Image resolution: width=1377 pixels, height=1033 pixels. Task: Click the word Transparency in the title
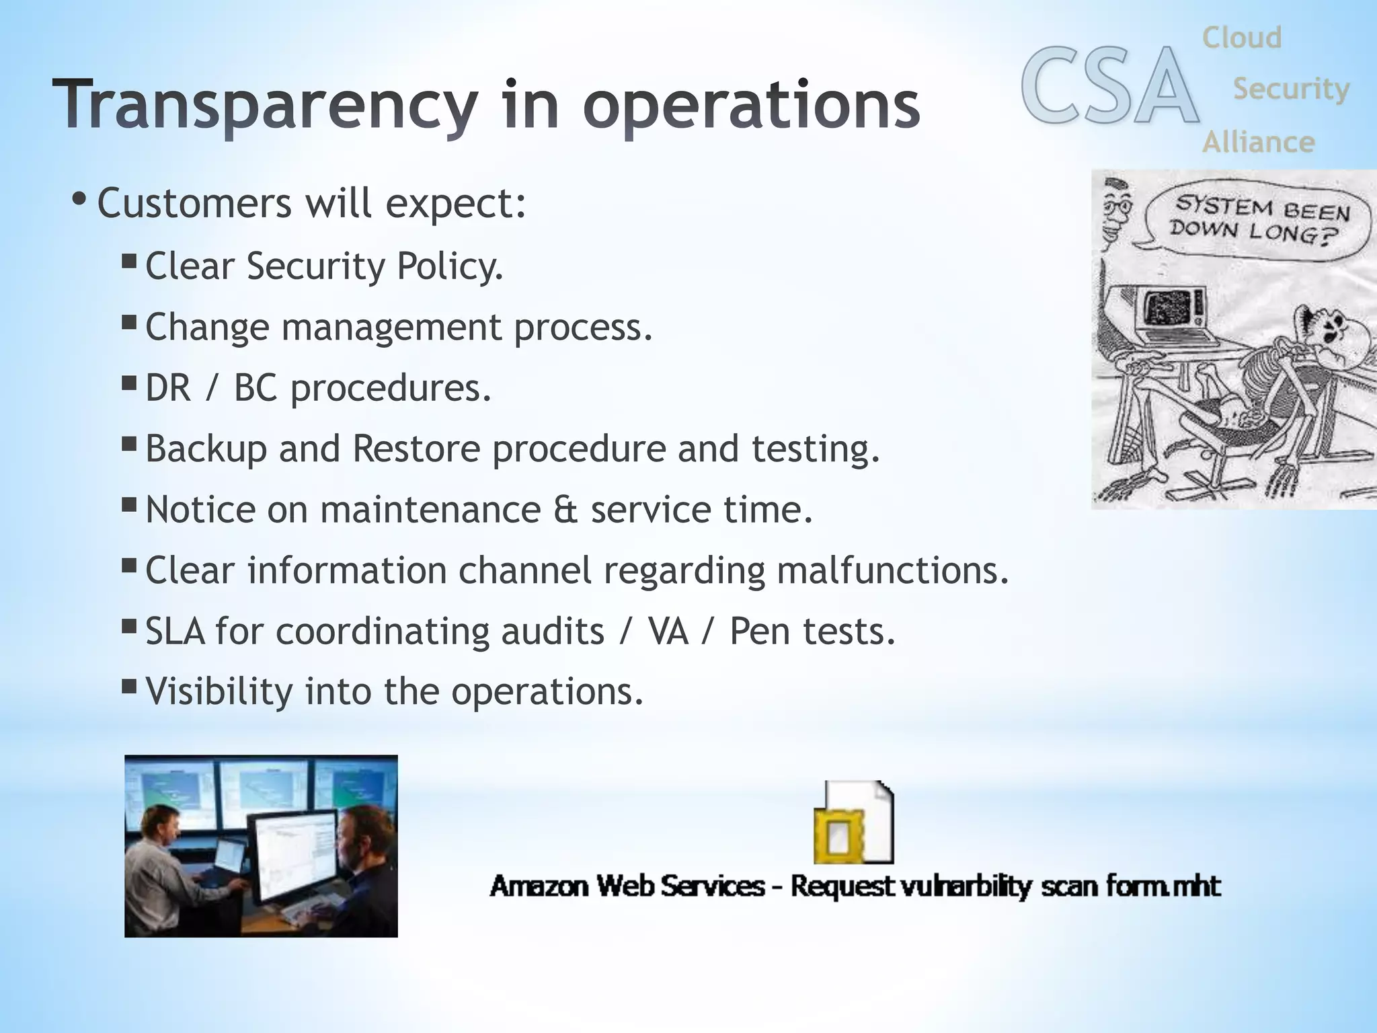265,106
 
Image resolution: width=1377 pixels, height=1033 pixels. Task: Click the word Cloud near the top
1242,38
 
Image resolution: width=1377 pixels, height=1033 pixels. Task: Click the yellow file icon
853,823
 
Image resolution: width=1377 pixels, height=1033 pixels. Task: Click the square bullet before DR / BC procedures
129,383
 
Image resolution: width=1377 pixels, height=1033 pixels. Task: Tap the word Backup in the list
206,449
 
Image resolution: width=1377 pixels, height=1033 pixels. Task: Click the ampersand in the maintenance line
566,510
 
